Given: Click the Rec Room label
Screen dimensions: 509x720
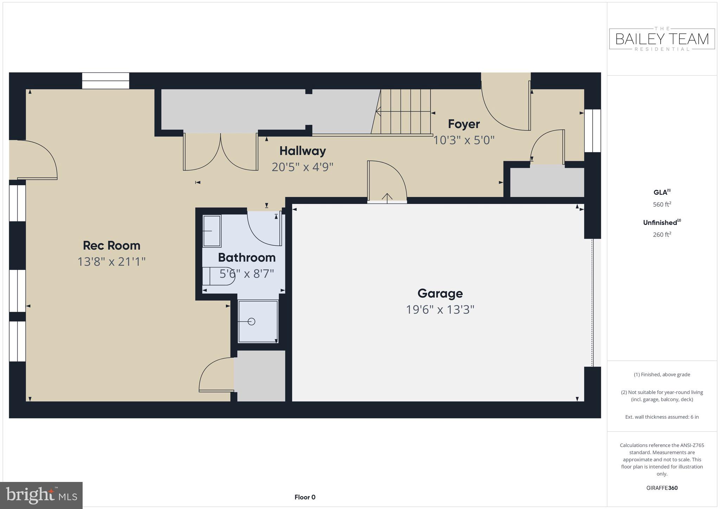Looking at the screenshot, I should click(111, 245).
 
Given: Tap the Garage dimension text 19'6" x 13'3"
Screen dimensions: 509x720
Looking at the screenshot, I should click(440, 310).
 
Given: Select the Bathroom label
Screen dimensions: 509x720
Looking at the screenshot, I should click(246, 258).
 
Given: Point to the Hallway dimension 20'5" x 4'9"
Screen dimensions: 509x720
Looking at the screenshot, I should click(302, 167).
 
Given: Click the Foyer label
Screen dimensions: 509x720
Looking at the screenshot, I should click(463, 124).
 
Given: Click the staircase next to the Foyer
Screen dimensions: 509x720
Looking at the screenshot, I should click(404, 112).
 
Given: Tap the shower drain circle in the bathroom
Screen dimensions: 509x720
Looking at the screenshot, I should click(251, 321).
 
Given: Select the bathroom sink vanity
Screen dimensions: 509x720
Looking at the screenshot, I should click(212, 231).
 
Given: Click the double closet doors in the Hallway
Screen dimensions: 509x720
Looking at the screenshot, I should click(220, 152).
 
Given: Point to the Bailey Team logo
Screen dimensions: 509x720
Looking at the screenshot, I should click(662, 39).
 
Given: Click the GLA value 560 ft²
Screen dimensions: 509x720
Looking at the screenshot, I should click(662, 205).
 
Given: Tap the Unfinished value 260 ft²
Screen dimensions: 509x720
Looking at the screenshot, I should click(662, 235).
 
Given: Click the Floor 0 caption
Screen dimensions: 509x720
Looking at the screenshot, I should click(305, 497).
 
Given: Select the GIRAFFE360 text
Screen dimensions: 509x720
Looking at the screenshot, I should click(662, 488).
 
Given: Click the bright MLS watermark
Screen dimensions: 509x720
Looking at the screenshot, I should click(41, 496).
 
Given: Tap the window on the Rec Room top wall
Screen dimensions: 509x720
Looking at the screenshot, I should click(105, 80).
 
